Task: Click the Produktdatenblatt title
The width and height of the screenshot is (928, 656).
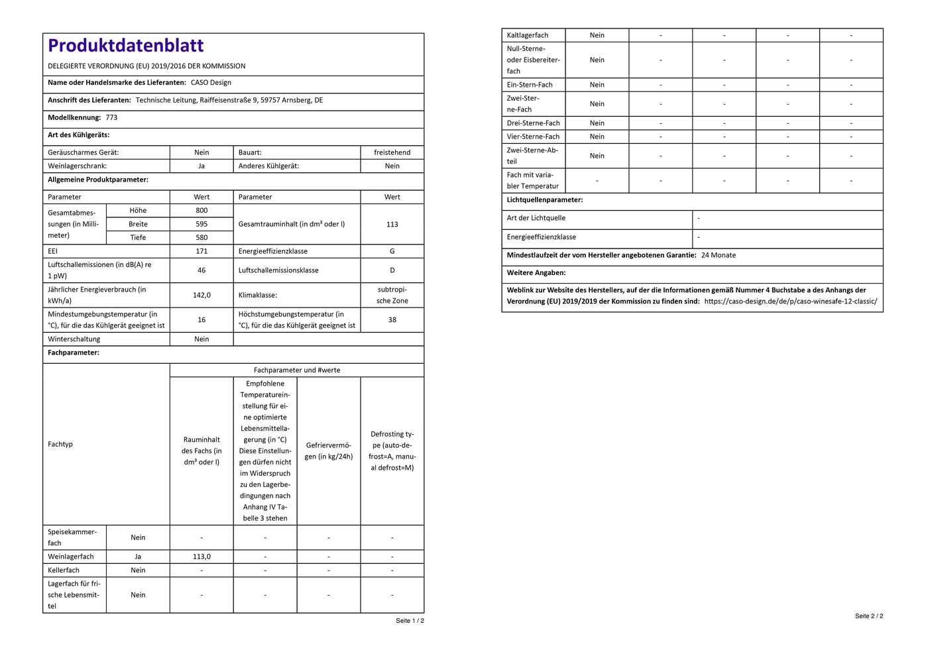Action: [126, 45]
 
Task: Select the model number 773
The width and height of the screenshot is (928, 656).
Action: [111, 117]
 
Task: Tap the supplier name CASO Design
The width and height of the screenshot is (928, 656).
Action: [211, 83]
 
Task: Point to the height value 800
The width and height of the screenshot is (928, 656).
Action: [202, 210]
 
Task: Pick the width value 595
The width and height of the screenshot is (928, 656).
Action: [202, 224]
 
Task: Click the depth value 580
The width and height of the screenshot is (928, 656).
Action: [202, 237]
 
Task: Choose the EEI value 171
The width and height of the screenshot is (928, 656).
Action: [202, 251]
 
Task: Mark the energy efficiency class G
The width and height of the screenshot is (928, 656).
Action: [392, 251]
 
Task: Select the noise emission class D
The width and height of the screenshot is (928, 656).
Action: [392, 270]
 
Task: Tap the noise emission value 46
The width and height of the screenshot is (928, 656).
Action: [202, 270]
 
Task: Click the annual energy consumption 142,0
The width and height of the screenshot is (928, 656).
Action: [202, 295]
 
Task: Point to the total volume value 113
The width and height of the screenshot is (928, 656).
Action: [392, 224]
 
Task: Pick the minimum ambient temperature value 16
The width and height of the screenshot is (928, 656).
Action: [202, 319]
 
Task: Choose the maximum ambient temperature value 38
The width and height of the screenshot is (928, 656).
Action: [392, 319]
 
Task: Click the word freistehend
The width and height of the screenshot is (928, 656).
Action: [392, 152]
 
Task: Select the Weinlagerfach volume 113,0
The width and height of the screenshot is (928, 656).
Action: [202, 557]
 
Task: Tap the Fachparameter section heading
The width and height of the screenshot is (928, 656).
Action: [74, 353]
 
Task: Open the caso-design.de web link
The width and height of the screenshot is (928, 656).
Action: [790, 301]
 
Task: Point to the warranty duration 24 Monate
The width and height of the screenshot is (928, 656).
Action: [719, 255]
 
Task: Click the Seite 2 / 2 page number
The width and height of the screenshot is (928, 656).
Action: [868, 616]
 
